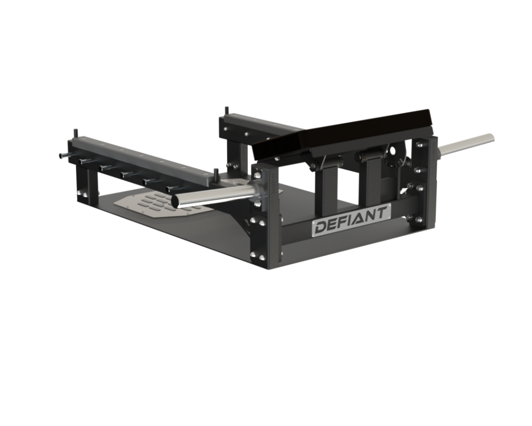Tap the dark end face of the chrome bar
click(x=176, y=201)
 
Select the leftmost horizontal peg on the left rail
click(x=64, y=156)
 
